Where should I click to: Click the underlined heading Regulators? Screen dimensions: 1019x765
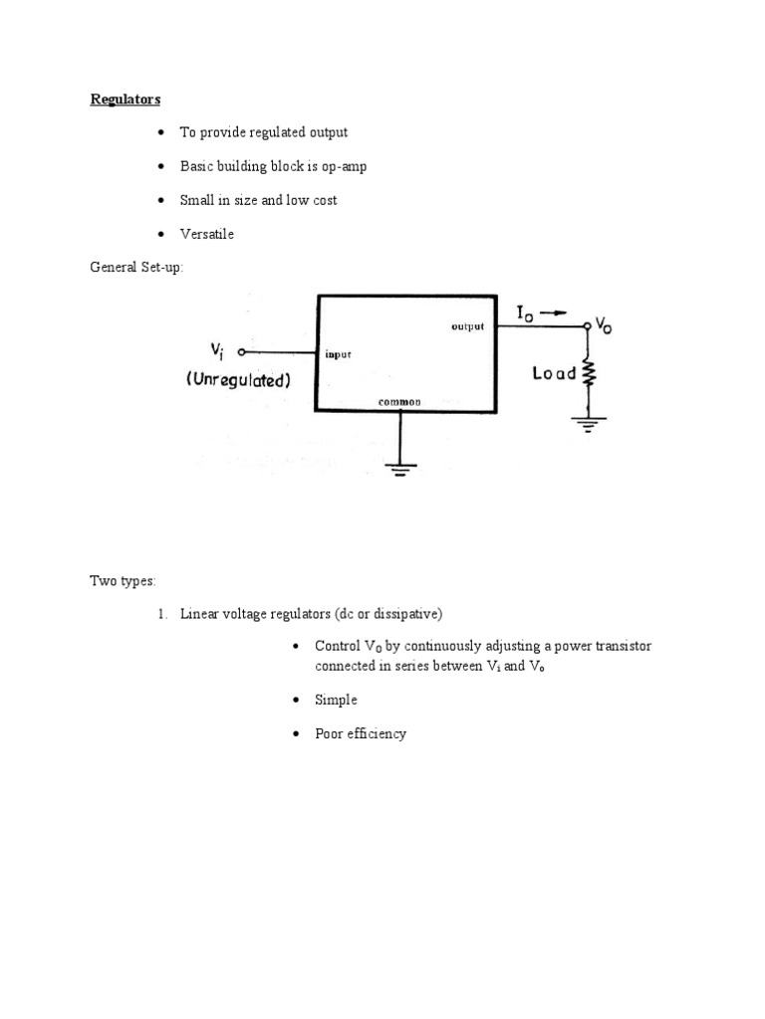[126, 99]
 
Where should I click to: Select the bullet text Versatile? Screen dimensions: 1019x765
[207, 234]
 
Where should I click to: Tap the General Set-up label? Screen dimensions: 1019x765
[136, 268]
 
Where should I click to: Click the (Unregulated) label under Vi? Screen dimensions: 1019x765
[237, 379]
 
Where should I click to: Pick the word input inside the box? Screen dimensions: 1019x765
[338, 353]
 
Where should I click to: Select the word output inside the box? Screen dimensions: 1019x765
[467, 326]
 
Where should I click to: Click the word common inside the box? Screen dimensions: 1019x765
[399, 401]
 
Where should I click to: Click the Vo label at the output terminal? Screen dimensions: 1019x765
[604, 325]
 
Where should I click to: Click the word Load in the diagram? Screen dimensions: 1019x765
[554, 374]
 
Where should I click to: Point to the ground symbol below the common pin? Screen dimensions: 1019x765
[400, 469]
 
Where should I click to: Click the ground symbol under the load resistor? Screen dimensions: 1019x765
[588, 422]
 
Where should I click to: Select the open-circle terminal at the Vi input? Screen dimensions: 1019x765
[242, 352]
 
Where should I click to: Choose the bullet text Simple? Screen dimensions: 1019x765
[336, 700]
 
